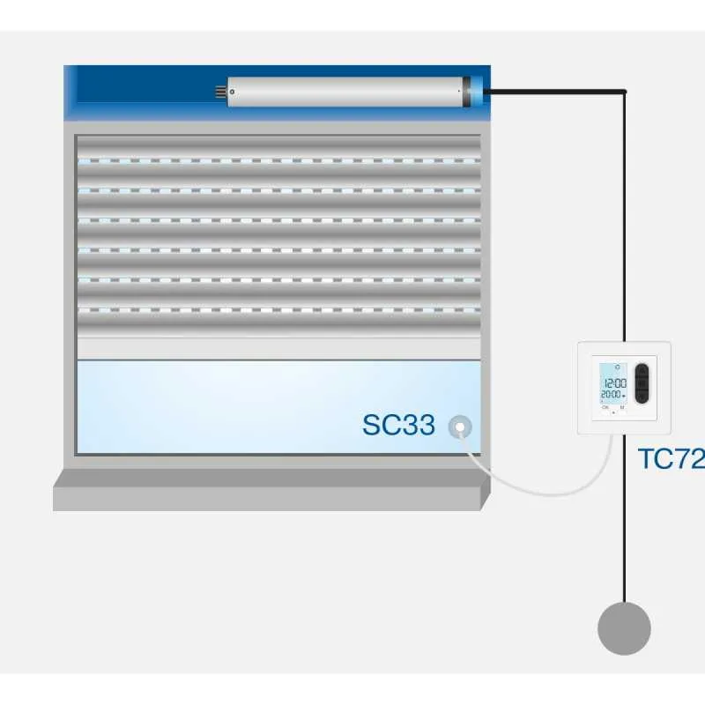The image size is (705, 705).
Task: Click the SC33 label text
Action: [x=398, y=425]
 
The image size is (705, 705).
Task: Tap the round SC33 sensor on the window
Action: [x=459, y=427]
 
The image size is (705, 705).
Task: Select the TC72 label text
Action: [x=671, y=459]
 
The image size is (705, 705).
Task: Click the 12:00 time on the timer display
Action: [x=614, y=382]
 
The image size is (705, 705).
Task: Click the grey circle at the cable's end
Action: [x=624, y=628]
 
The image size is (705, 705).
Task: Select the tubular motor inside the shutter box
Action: [x=344, y=91]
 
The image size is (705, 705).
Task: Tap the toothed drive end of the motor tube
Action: [x=221, y=91]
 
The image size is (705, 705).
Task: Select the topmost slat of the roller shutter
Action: [x=278, y=148]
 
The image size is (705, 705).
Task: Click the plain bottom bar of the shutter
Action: [x=278, y=348]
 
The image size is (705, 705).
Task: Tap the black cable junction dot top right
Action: [x=624, y=91]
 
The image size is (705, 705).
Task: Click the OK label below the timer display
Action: [x=605, y=408]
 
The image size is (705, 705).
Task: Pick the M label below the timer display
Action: [x=622, y=408]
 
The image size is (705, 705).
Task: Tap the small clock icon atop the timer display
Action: [x=617, y=369]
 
